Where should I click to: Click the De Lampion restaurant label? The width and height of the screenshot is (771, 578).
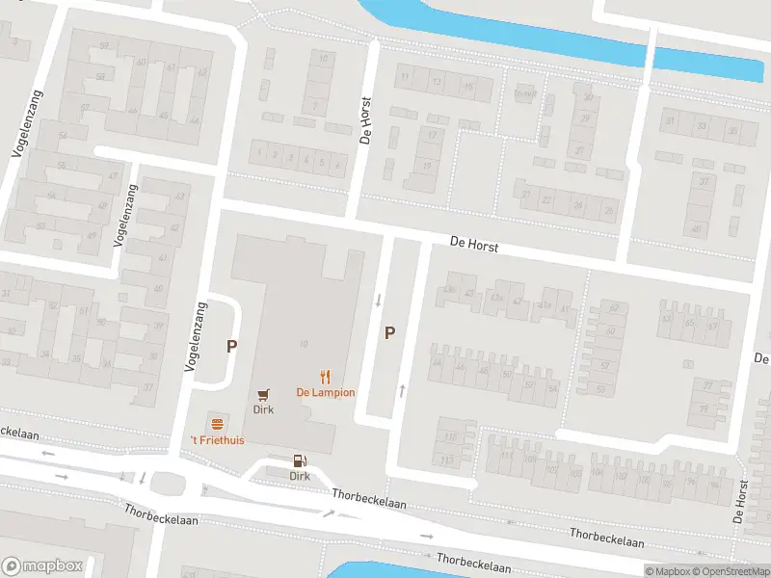pos(325,392)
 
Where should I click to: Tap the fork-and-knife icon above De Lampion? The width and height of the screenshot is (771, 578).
pos(326,377)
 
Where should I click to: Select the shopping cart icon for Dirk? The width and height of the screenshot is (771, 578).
pos(263,394)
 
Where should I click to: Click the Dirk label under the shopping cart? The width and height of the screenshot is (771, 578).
pos(263,409)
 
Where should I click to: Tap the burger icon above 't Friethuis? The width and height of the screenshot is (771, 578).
pos(217,424)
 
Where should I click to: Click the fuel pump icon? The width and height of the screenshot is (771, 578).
pos(300,460)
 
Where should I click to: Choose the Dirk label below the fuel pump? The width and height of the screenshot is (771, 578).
pos(300,476)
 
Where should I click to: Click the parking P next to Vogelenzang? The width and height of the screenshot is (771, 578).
pos(231,345)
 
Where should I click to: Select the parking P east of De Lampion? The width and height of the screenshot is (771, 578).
pos(390,333)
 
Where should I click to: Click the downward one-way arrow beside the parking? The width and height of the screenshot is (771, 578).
pos(378,301)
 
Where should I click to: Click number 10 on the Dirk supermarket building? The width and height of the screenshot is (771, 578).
pos(303,344)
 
